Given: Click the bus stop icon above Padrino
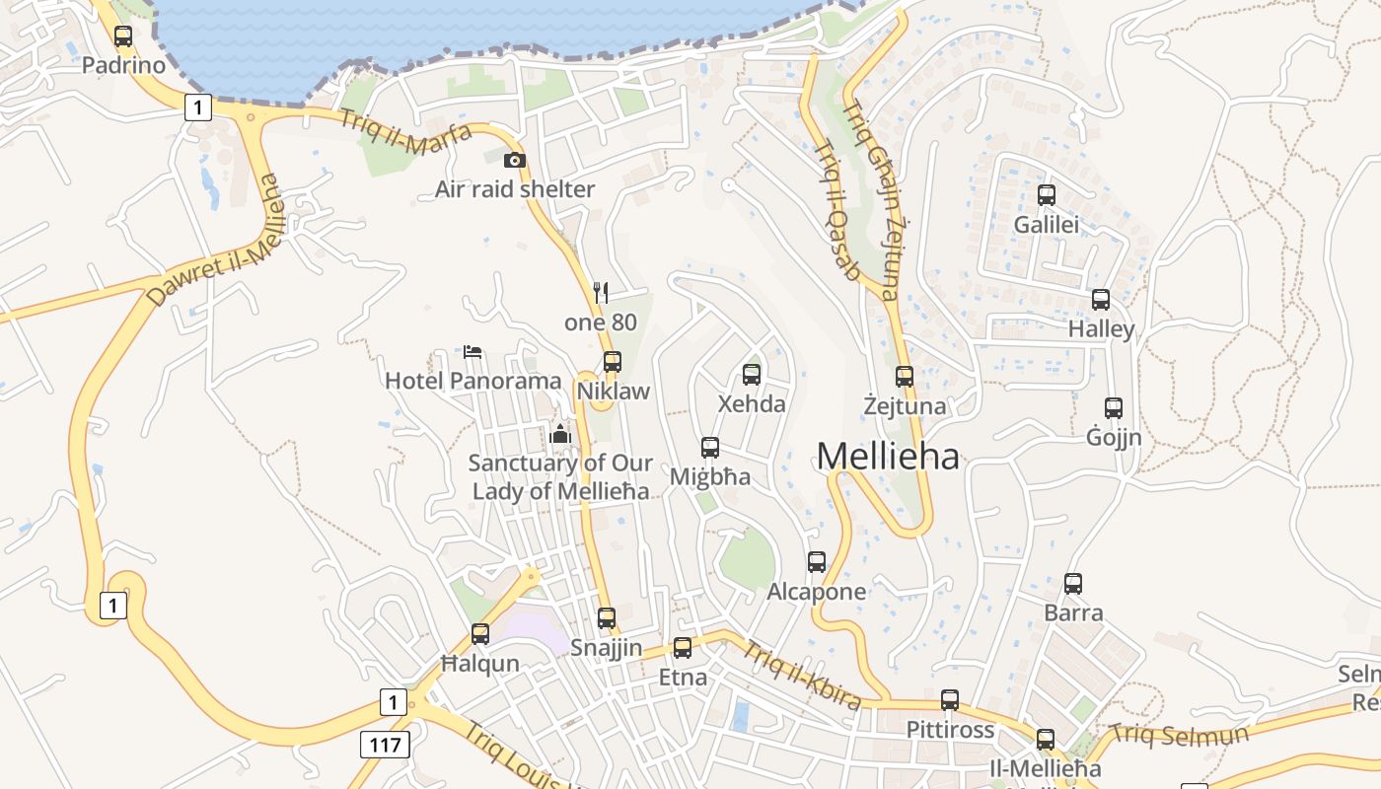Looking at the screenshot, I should coord(123,36).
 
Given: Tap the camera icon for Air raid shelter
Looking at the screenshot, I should coord(514,160).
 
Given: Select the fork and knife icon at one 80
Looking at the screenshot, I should coord(601,292).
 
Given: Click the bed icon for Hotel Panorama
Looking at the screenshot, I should coord(472,351).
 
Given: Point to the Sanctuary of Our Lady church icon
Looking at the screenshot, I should coord(560,433).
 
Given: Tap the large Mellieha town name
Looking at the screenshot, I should coord(888,456).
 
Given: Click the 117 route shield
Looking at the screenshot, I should coord(385,744).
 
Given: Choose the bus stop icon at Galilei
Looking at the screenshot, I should coord(1047,195).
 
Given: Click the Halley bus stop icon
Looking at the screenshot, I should coord(1101,300).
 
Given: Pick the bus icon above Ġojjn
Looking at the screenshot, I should coord(1114,407).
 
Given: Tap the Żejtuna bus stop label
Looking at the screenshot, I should coord(905,406).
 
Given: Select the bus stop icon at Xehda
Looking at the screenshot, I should coord(752,375).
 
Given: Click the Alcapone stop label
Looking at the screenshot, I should coord(817,592).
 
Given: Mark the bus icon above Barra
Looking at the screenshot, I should coord(1073,584).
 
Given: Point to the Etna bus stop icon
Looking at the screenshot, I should coord(683,648).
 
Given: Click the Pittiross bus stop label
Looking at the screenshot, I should coord(950,731).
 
